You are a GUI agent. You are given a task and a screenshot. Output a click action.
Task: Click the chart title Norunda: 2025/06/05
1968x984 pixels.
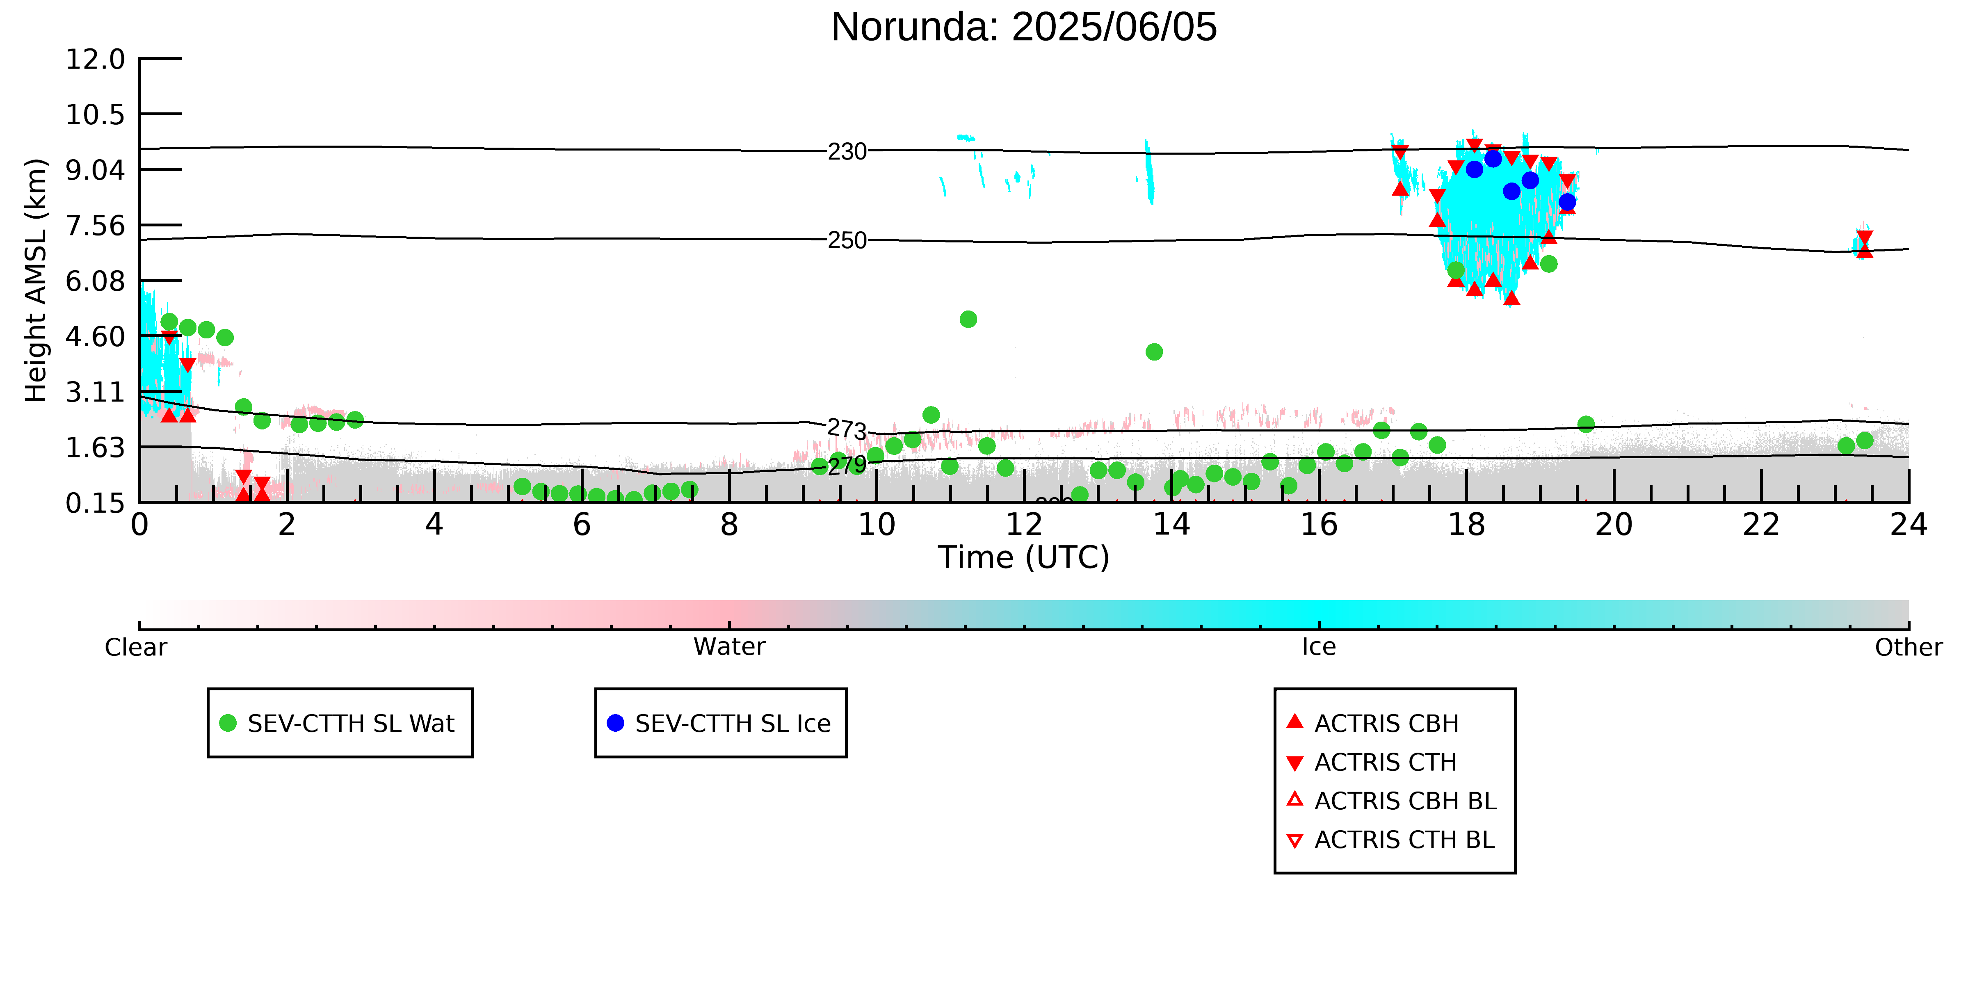tap(1024, 27)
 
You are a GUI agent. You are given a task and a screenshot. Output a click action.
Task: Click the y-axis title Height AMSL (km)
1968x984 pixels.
tap(36, 281)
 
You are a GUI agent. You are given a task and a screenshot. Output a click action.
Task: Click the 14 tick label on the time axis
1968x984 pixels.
tap(1171, 525)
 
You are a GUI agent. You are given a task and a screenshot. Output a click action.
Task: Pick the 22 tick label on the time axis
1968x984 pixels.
tap(1761, 525)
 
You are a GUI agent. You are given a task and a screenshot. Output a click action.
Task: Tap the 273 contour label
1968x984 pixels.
tap(847, 429)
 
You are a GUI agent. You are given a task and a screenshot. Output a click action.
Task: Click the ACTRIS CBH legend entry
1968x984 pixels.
tap(1373, 723)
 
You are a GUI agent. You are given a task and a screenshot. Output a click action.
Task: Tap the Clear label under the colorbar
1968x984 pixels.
tap(136, 647)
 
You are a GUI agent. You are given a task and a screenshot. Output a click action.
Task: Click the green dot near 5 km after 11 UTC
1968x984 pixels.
tap(968, 320)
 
